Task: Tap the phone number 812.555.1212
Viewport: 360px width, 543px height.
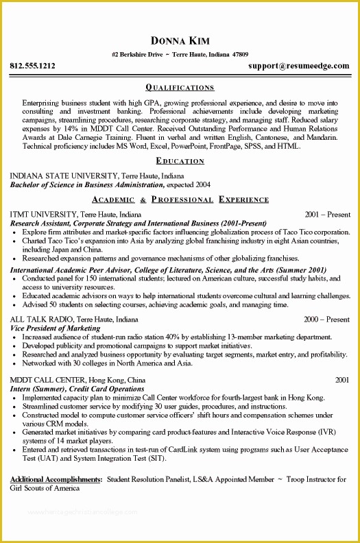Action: [x=32, y=67]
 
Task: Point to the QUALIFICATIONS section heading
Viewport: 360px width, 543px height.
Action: [x=180, y=88]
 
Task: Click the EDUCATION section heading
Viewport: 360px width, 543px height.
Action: [x=180, y=161]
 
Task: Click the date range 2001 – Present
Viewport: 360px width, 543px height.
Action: [x=327, y=214]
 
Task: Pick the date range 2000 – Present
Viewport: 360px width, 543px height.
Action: [x=327, y=319]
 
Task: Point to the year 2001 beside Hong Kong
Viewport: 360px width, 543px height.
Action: [x=342, y=379]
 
